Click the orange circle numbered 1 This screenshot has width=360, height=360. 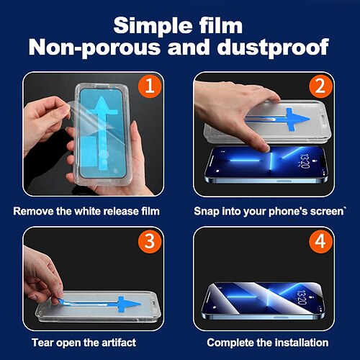click(x=149, y=86)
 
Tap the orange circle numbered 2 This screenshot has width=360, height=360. click(x=320, y=86)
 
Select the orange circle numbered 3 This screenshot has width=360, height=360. click(x=149, y=241)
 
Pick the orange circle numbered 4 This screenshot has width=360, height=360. click(x=320, y=241)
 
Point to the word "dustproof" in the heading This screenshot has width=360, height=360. click(x=273, y=48)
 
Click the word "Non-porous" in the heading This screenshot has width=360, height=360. click(x=94, y=48)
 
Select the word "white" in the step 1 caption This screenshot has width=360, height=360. click(x=86, y=211)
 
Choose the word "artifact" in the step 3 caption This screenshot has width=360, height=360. click(x=119, y=343)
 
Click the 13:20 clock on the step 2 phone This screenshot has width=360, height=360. click(x=305, y=161)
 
